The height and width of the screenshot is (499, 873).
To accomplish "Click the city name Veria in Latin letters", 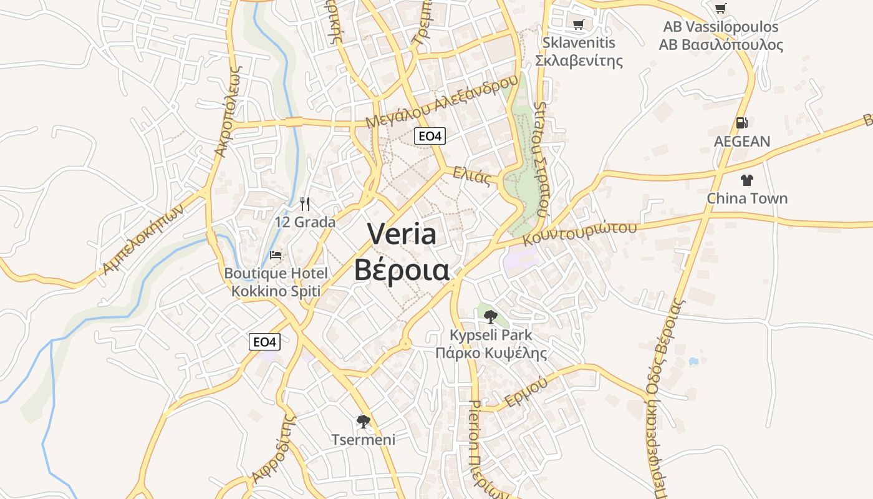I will [402, 234].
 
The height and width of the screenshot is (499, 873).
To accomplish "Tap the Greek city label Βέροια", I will [402, 270].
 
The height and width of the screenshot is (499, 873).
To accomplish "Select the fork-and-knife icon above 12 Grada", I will [305, 203].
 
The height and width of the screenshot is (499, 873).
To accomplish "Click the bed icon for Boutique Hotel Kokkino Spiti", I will [276, 254].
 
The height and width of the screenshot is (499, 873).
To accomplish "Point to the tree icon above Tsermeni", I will [363, 422].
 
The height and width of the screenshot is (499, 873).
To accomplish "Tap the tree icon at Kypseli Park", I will [491, 316].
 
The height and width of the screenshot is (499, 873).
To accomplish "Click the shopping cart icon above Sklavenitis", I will [579, 24].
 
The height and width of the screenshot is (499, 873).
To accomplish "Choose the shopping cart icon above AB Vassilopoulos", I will [721, 9].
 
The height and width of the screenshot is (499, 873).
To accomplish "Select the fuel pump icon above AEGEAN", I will [741, 123].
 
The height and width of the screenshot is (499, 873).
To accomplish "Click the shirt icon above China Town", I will [746, 180].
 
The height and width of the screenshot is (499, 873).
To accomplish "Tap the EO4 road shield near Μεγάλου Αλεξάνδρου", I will [430, 136].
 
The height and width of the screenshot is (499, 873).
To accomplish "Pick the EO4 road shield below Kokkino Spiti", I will [264, 342].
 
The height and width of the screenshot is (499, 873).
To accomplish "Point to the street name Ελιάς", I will [472, 175].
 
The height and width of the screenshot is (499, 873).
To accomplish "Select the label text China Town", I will [746, 198].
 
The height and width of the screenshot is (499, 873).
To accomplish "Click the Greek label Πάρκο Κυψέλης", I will [491, 354].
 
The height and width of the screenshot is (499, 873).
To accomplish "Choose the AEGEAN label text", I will [742, 142].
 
